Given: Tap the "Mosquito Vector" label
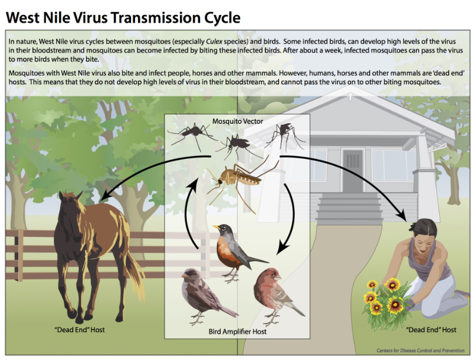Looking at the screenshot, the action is click(x=237, y=120).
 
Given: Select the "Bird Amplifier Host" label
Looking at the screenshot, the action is click(x=237, y=332).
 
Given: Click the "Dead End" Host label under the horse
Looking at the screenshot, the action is click(x=79, y=330).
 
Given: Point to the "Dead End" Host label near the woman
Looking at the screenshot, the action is click(x=431, y=330).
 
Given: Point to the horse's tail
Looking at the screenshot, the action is click(x=134, y=273).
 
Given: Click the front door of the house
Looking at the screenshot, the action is click(x=353, y=170).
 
